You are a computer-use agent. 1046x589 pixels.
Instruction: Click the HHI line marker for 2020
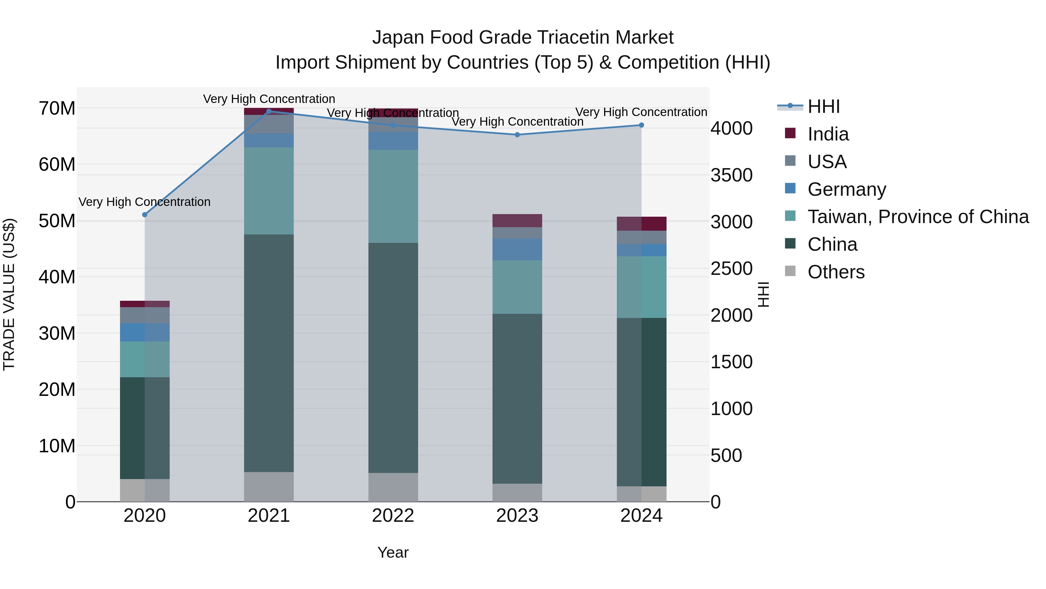(x=145, y=215)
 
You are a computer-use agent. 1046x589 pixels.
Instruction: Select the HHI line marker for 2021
(x=269, y=111)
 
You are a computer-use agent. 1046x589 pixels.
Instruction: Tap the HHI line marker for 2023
(x=517, y=135)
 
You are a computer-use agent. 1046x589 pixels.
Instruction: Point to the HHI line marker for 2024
(x=642, y=125)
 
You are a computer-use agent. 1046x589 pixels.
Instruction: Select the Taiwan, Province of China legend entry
(x=918, y=217)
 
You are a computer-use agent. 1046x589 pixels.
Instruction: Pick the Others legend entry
(x=836, y=272)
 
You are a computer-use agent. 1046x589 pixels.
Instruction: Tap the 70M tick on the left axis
(x=57, y=108)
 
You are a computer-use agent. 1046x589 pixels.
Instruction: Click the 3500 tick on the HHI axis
(x=731, y=175)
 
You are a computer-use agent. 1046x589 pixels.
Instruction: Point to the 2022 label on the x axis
(x=393, y=516)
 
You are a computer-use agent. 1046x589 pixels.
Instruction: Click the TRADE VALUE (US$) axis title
(x=9, y=294)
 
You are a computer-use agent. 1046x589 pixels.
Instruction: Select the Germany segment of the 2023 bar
(x=517, y=249)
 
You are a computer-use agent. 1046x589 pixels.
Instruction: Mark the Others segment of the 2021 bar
(x=269, y=487)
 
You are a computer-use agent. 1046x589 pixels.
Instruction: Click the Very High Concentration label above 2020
(x=145, y=202)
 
